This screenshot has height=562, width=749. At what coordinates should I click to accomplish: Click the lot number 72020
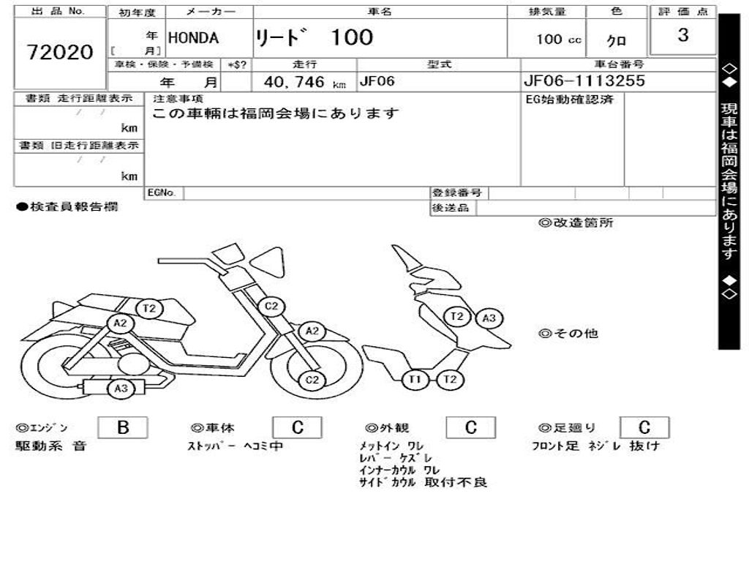(x=60, y=52)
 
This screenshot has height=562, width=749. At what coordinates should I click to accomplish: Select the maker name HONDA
(x=194, y=38)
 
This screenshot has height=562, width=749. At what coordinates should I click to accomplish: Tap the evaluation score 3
(x=682, y=35)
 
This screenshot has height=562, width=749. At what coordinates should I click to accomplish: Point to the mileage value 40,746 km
(x=304, y=83)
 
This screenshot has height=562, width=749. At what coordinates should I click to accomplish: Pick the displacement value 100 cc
(x=559, y=40)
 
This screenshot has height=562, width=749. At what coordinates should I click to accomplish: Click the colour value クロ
(x=617, y=41)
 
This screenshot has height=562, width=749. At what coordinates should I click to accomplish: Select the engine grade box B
(x=122, y=428)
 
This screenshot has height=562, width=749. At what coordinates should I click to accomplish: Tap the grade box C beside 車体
(x=297, y=428)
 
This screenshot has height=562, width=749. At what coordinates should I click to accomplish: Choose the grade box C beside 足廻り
(x=644, y=428)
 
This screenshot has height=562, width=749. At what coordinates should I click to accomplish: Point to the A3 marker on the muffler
(x=121, y=389)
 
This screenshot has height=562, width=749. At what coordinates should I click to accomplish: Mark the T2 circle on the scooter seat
(x=150, y=308)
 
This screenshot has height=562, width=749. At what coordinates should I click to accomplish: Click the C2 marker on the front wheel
(x=312, y=379)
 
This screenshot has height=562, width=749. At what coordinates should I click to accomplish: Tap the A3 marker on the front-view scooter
(x=489, y=318)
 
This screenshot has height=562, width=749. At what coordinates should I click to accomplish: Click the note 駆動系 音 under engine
(x=51, y=446)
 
